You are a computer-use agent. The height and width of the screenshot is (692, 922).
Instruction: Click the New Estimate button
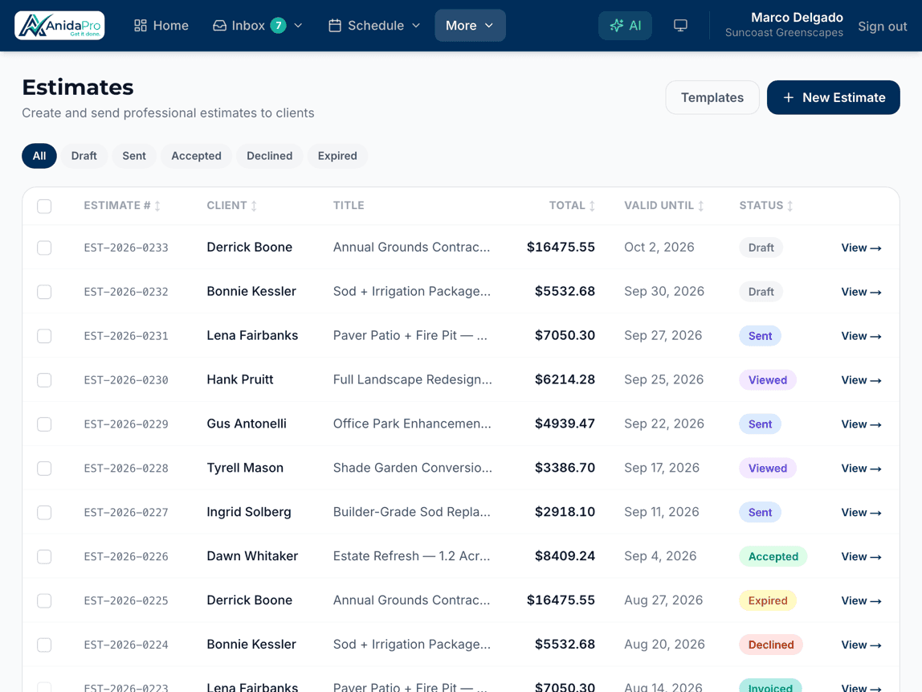coord(833,98)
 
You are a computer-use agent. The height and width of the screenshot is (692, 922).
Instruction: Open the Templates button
coord(712,98)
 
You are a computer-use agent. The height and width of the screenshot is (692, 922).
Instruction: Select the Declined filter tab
coord(269,156)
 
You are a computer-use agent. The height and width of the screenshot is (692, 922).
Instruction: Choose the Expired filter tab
coord(337,156)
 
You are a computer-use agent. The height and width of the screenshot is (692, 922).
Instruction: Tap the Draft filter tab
coord(84,156)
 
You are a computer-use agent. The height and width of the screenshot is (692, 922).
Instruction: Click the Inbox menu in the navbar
coord(258,26)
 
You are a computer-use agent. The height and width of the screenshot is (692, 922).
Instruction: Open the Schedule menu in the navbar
coord(374,26)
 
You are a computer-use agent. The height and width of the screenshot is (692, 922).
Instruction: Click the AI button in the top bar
coord(625,26)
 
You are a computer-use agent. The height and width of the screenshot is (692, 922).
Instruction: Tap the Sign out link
coord(882,27)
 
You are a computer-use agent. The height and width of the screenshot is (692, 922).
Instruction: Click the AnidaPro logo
coord(59,26)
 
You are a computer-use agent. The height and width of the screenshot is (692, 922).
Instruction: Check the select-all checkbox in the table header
coord(44,207)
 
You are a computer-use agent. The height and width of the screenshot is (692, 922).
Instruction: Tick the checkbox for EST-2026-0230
coord(44,380)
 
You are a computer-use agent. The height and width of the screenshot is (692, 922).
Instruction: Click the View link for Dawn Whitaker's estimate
coord(861,557)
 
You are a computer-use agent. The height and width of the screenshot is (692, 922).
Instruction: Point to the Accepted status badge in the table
coord(773,557)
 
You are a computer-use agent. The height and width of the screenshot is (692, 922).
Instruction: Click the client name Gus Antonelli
coord(247,424)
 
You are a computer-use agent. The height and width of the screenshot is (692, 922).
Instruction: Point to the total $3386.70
coord(565,468)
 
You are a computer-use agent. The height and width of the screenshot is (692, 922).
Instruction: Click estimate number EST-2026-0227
coord(126,513)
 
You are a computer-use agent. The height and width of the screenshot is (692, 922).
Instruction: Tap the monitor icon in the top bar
coord(680,26)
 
